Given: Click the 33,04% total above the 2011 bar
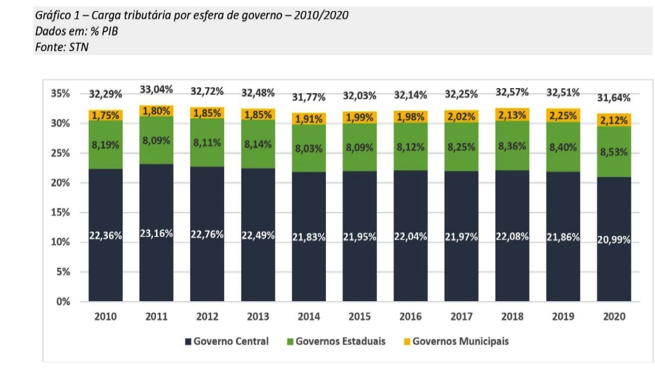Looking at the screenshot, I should click(156, 90).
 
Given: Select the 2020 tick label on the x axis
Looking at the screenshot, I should click(614, 317).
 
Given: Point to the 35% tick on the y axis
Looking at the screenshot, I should click(61, 94).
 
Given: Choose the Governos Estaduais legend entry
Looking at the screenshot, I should click(340, 342).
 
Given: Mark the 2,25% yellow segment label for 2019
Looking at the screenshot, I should click(563, 115).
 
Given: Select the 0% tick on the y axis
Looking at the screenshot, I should click(64, 302).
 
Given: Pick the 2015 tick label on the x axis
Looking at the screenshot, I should click(359, 317).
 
